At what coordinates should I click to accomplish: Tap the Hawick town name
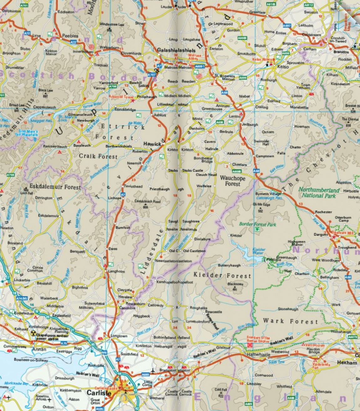[x=152, y=144]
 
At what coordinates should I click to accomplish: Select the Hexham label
[x=347, y=362]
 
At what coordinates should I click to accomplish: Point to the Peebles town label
[x=70, y=36]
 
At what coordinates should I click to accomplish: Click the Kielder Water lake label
[x=259, y=251]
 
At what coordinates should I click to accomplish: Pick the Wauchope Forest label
[x=233, y=180]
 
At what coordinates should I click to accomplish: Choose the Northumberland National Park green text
[x=319, y=193]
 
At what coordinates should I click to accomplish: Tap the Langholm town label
[x=116, y=271]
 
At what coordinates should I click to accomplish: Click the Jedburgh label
[x=250, y=124]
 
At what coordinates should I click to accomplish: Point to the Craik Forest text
[x=98, y=156]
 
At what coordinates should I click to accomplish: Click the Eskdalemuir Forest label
[x=55, y=187]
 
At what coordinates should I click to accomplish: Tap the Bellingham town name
[x=329, y=278]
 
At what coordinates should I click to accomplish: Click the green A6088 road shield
[x=237, y=171]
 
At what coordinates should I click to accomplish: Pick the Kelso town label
[x=283, y=67]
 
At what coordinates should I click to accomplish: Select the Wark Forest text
[x=290, y=321]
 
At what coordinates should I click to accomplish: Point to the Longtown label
[x=119, y=336]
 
